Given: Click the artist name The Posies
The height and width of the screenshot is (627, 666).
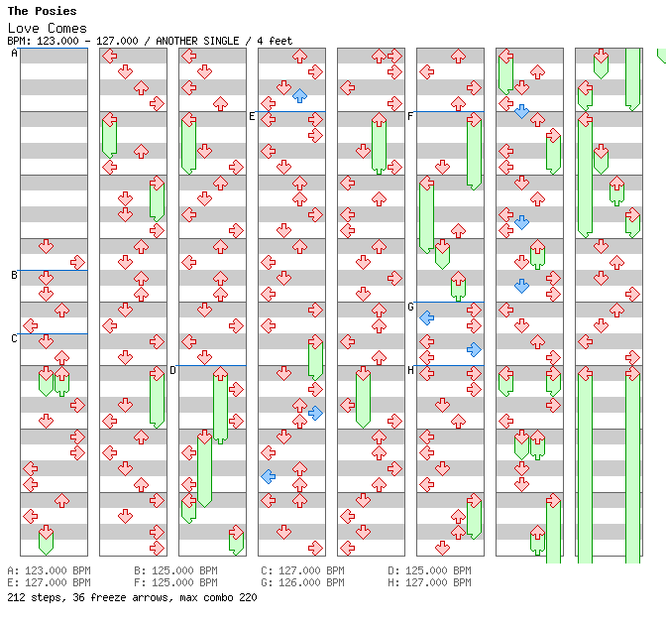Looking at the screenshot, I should click(42, 11).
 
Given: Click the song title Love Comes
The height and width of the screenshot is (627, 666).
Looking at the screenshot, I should click(47, 28).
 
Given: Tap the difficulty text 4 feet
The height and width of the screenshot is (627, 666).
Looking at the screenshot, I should click(272, 41).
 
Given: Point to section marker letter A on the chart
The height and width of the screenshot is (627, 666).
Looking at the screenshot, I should click(14, 53).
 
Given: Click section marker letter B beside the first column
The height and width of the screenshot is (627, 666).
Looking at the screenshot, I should click(14, 275).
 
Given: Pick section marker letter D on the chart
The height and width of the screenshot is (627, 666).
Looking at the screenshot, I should click(172, 370).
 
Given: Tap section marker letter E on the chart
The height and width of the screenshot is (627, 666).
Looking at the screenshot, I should click(252, 116).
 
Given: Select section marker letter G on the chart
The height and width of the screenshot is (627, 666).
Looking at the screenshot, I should click(410, 307).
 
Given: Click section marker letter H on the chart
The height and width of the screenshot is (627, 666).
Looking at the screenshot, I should click(410, 370).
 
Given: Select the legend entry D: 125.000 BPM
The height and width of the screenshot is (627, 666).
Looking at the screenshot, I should click(429, 571).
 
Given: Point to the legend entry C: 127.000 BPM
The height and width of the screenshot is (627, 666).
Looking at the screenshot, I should click(302, 571).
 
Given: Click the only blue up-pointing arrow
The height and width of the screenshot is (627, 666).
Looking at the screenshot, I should click(299, 95).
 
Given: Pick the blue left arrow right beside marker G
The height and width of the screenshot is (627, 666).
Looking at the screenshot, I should click(426, 317).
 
